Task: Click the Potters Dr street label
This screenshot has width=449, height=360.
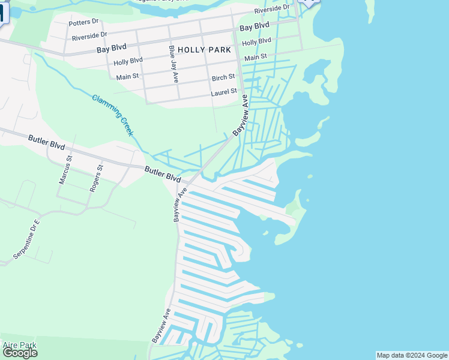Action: (83, 22)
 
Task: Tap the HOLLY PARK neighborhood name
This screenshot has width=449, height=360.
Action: (204, 50)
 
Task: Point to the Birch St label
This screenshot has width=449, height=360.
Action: (223, 78)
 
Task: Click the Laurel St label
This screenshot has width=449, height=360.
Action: (224, 93)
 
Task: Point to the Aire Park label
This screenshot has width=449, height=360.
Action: (20, 345)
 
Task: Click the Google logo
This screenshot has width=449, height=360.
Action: (20, 353)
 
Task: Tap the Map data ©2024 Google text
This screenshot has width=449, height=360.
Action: (412, 355)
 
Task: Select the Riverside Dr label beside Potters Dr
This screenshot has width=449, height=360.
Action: (89, 37)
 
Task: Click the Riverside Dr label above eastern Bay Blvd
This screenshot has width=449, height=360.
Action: (271, 11)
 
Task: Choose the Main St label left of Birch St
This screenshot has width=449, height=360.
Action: (127, 77)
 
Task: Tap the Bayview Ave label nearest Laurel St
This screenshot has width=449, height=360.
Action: (241, 114)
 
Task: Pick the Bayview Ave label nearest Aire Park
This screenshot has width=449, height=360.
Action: (161, 326)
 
